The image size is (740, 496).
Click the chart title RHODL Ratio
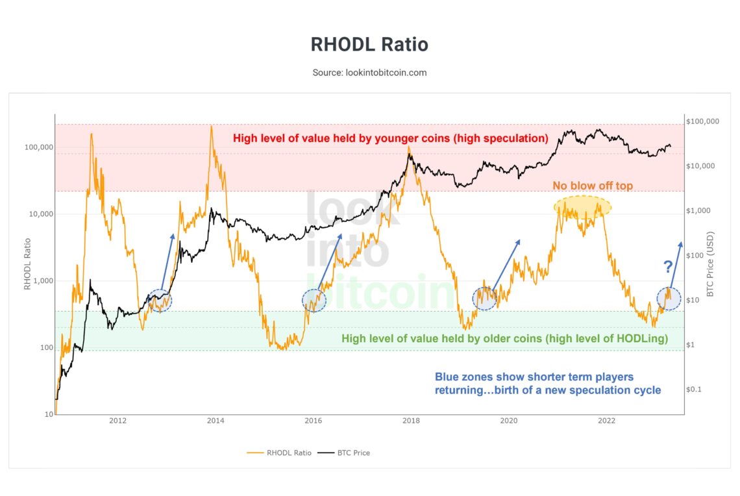(369, 44)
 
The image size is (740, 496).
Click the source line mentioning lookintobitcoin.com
(369, 73)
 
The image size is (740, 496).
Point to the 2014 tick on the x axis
(216, 421)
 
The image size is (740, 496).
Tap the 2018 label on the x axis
(411, 421)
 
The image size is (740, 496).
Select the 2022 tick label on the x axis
(606, 421)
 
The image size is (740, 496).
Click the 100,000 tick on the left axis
(37, 147)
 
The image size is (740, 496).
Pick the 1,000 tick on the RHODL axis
(40, 281)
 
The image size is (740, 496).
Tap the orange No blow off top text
(593, 186)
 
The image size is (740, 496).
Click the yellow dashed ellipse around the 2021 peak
(582, 206)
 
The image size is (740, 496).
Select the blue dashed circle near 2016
(314, 299)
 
